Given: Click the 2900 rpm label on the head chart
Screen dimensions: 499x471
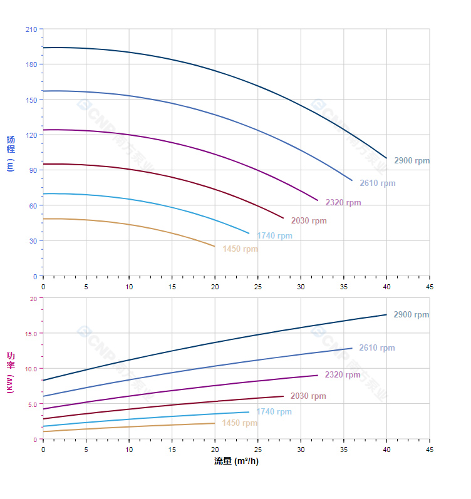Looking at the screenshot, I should coord(411,161).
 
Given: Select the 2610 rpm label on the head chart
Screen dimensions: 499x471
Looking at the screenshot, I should coord(377,183).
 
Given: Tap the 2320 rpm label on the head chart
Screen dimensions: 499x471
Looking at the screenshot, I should coord(343,203).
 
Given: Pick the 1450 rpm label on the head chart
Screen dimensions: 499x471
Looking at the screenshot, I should coord(240,249).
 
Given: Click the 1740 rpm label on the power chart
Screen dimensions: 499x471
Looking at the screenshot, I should coord(274,412).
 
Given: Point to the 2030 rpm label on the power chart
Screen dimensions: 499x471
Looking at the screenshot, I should coord(308,396).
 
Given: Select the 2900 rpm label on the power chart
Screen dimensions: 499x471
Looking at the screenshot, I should coord(411,315).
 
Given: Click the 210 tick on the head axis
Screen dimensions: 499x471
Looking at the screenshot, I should coord(31,29).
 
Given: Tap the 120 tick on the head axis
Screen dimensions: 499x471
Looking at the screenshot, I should coord(31,135).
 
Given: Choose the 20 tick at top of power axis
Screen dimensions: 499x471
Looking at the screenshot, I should coord(33,299).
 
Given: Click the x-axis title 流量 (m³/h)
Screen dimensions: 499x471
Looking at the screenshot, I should coord(236,461).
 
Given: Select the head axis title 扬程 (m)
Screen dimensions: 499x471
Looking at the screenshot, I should coord(11,153).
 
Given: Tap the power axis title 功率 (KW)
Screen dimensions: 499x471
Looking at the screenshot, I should coord(11,372).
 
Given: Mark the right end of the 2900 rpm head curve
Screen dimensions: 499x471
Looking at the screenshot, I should coord(386,158).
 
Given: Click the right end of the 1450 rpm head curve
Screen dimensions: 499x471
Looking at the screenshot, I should coord(215,246).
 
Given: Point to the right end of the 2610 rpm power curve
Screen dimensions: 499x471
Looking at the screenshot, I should coord(352,348).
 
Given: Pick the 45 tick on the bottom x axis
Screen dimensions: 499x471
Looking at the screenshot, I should coord(430,450).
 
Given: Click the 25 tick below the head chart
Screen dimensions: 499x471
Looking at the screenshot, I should coord(258,286).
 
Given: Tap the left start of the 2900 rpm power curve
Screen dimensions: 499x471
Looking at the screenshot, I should coord(43,380).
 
